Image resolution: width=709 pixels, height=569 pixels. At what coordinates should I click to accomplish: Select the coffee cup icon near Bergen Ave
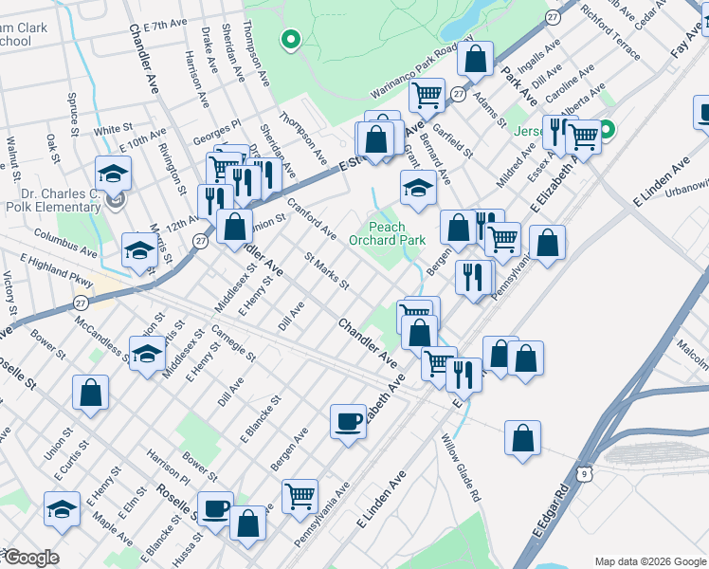348,419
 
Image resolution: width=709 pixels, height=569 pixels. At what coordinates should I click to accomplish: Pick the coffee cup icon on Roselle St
215,507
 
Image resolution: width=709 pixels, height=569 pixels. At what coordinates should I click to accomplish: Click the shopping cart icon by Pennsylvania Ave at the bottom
300,494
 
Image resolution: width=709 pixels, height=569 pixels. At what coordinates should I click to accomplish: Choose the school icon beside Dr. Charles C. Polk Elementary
113,174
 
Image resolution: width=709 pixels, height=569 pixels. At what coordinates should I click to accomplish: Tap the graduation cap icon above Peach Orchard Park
417,187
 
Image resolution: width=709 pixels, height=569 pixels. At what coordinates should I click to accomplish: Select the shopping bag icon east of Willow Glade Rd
522,437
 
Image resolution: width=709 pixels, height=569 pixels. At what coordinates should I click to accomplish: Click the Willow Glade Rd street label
462,468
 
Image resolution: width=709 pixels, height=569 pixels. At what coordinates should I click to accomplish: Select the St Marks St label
326,271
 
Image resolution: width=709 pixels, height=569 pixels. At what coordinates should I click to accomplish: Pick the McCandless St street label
101,339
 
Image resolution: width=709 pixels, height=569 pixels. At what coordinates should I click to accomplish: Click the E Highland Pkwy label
56,271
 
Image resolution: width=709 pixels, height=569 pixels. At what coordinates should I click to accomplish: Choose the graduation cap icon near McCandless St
147,354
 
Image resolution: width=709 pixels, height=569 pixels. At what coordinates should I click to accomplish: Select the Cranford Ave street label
312,219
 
